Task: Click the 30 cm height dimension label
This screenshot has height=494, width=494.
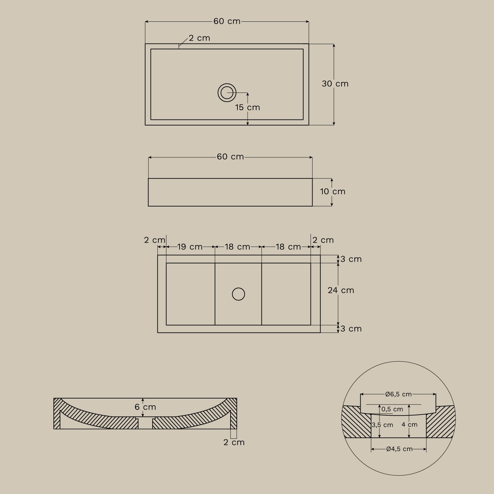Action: [x=335, y=84]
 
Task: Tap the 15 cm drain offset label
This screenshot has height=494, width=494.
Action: [x=247, y=107]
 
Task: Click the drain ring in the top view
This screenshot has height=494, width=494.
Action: [x=227, y=93]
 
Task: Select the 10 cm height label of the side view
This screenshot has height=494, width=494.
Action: [x=333, y=191]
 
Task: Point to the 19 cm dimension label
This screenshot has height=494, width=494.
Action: [x=190, y=247]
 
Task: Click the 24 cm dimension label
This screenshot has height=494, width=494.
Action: [x=341, y=290]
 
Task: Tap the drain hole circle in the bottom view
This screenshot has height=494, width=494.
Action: [x=238, y=294]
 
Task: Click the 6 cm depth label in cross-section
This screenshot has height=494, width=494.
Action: [x=145, y=407]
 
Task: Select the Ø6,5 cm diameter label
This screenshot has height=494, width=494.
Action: [x=398, y=394]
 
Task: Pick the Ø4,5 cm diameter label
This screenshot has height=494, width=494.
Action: [x=399, y=449]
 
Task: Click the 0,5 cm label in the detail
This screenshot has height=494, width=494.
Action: [x=392, y=409]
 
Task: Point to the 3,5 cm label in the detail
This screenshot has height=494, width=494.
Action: [x=382, y=425]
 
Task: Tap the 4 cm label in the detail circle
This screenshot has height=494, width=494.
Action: [x=409, y=425]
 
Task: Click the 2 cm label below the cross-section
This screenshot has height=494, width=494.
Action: [x=234, y=442]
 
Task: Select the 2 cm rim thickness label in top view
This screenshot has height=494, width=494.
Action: [x=200, y=38]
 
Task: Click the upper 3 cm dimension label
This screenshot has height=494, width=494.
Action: [x=351, y=259]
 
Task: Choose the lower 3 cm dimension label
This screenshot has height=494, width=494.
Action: [x=351, y=329]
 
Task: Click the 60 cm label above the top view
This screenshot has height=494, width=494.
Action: [x=227, y=21]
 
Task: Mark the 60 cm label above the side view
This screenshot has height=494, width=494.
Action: [x=230, y=157]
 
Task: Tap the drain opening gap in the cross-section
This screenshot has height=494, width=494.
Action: [x=145, y=423]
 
